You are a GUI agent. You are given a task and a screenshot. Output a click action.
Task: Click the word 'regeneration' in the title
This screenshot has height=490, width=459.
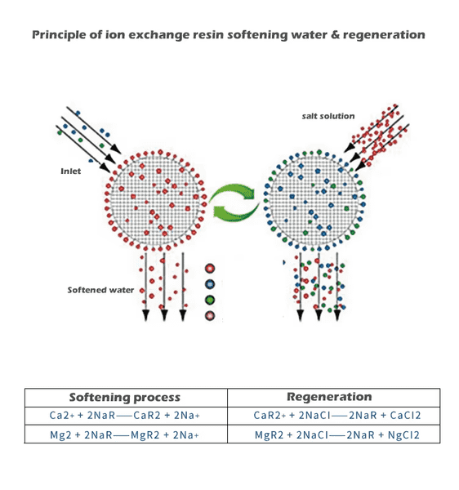[384, 35]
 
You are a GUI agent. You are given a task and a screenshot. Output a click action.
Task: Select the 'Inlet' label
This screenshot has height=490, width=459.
[70, 171]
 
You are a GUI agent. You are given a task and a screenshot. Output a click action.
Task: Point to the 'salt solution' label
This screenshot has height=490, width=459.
[328, 116]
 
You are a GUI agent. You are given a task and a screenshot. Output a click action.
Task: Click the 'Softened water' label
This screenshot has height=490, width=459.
[100, 290]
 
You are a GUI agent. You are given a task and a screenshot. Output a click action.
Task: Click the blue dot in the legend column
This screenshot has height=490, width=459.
[210, 284]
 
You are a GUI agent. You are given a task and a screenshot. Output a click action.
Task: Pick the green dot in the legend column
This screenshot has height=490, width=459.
[210, 300]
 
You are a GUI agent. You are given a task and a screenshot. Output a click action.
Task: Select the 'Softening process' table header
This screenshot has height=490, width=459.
[125, 397]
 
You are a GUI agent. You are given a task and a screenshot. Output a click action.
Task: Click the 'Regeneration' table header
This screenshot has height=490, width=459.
[329, 397]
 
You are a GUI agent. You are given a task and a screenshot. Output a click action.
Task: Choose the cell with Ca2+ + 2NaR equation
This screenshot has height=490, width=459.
[126, 416]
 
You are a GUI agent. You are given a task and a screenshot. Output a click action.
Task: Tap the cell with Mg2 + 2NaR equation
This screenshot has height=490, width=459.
[126, 434]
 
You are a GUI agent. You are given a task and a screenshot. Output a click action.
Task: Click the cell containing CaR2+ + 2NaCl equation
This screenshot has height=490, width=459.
[334, 416]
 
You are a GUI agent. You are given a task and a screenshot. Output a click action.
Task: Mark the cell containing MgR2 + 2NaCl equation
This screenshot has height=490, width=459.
[334, 434]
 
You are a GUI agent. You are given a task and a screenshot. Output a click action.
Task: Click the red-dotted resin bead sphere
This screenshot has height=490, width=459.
[155, 200]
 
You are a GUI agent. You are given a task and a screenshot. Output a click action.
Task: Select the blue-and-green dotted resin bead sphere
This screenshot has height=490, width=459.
[314, 201]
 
